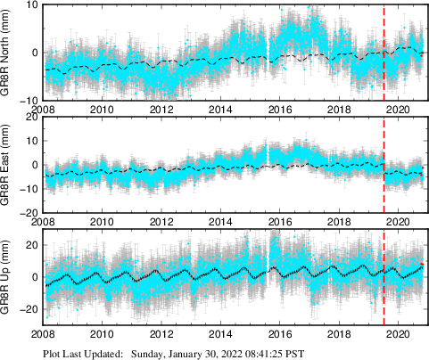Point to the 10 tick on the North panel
click(30, 5)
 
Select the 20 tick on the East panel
click(30, 118)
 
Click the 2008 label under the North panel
click(45, 109)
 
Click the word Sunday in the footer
click(150, 353)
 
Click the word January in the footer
click(194, 353)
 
